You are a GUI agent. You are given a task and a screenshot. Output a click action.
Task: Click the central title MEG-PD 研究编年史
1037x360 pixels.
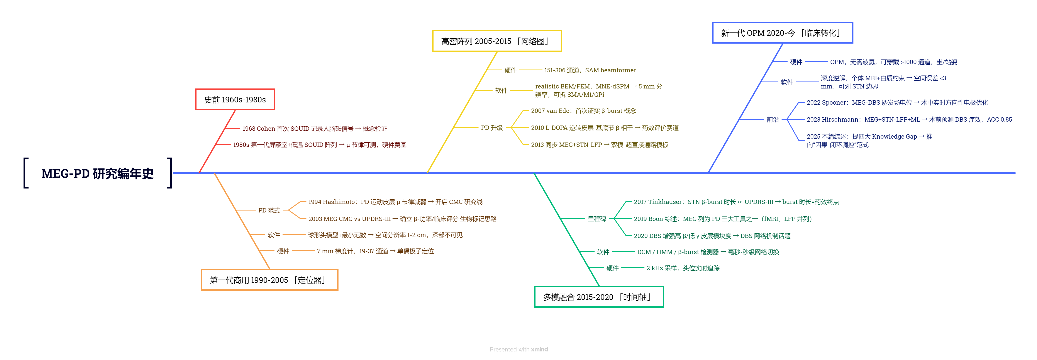pyautogui.click(x=97, y=173)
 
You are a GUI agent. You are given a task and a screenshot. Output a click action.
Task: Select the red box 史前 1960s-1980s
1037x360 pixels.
pyautogui.click(x=235, y=99)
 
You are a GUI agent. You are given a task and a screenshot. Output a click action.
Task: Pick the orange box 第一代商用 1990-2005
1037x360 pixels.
pyautogui.click(x=269, y=280)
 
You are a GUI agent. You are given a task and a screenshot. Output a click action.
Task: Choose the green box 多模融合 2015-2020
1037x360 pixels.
pyautogui.click(x=599, y=297)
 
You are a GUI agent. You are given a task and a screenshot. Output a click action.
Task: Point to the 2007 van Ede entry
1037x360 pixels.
pyautogui.click(x=583, y=111)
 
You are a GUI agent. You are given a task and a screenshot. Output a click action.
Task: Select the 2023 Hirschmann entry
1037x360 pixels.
pyautogui.click(x=909, y=120)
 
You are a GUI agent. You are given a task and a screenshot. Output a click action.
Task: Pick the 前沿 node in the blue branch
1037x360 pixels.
pyautogui.click(x=773, y=120)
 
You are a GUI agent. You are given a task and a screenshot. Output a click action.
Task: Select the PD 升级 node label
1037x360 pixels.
pyautogui.click(x=491, y=128)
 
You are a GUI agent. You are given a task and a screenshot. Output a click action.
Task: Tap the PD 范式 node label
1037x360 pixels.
pyautogui.click(x=269, y=210)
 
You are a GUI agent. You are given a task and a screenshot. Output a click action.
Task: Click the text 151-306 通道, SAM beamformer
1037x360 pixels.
pyautogui.click(x=590, y=70)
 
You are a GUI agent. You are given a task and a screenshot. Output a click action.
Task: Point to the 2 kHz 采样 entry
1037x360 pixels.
pyautogui.click(x=683, y=268)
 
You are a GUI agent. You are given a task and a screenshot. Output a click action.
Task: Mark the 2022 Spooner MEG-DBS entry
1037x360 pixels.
pyautogui.click(x=897, y=103)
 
